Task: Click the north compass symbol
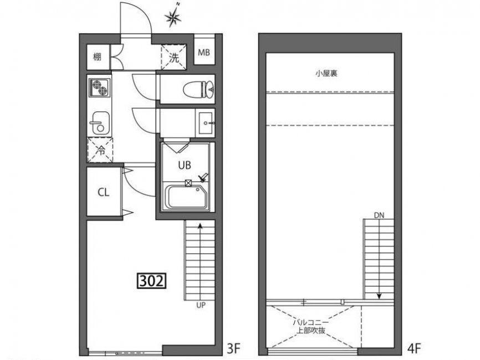(173, 16)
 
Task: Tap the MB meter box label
(204, 53)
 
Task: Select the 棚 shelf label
(97, 57)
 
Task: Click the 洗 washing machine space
(174, 58)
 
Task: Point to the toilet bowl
(198, 89)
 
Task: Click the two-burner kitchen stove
(99, 88)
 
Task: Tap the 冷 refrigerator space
(100, 150)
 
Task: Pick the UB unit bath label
(185, 166)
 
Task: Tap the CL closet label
(104, 192)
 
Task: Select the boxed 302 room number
(151, 281)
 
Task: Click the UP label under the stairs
(201, 305)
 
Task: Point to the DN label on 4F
(379, 215)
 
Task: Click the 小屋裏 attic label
(326, 74)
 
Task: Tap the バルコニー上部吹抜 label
(311, 326)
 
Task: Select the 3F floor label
(234, 348)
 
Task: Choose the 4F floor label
(415, 348)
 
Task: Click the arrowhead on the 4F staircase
(379, 296)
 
